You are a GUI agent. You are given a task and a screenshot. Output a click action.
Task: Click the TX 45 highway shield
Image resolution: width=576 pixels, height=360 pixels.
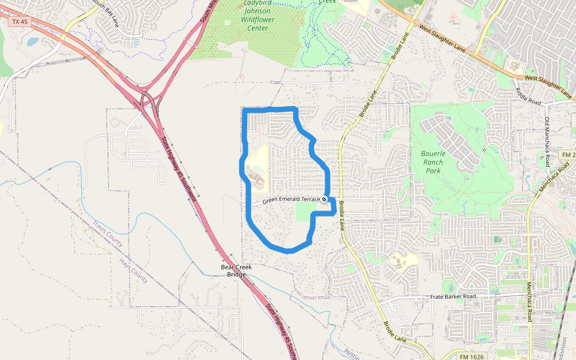coord(19,22)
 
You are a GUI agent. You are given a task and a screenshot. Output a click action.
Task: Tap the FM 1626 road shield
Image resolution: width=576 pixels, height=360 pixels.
coord(472,356)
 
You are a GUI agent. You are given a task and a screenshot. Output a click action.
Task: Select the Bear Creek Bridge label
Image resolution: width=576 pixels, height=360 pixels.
coord(233,270)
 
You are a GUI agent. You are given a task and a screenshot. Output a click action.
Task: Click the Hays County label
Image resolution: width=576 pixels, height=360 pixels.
coord(133,271)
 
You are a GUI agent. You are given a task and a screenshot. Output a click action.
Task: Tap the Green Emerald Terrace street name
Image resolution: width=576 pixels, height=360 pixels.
coord(291,200)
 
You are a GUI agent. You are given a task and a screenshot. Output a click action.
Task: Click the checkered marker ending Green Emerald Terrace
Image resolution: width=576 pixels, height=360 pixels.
coord(324,199)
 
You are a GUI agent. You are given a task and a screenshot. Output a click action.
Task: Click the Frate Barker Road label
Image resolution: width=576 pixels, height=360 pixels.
coord(453,297)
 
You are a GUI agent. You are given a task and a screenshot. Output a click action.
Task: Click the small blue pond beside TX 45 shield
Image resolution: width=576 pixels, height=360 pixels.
coord(32,42)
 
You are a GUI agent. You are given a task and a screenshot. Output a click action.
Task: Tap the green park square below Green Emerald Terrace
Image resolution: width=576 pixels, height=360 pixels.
coord(307,211)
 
